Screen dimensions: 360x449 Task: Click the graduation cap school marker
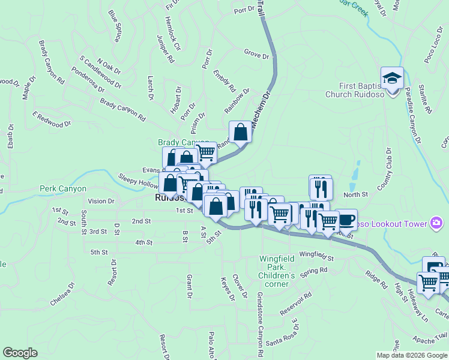click(393, 79)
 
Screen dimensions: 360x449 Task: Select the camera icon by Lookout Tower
click(436, 224)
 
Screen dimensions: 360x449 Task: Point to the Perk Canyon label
click(63, 188)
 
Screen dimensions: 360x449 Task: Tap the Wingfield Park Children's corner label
click(277, 271)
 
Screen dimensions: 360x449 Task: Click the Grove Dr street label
click(256, 55)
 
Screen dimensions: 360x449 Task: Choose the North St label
click(355, 194)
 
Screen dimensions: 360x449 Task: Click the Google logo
click(20, 353)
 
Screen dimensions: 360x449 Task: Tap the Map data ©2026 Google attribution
click(411, 355)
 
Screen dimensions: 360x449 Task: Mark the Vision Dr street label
click(100, 201)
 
